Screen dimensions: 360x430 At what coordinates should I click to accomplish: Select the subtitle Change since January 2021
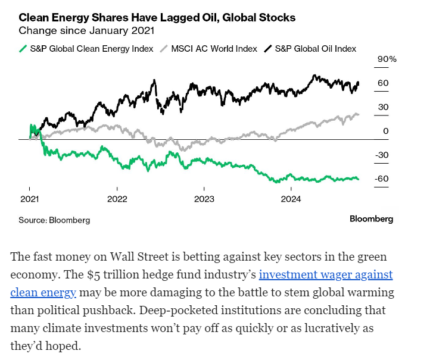pyautogui.click(x=87, y=30)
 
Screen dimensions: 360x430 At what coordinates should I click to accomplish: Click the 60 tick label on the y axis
pyautogui.click(x=383, y=83)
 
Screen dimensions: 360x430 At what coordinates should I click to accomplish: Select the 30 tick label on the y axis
pyautogui.click(x=383, y=107)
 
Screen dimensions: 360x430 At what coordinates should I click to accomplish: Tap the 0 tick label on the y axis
pyautogui.click(x=386, y=131)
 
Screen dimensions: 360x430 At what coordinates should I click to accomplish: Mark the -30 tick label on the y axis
pyautogui.click(x=382, y=155)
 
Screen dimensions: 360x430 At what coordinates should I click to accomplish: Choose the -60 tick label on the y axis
pyautogui.click(x=382, y=179)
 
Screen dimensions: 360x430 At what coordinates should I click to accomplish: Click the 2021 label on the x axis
pyautogui.click(x=30, y=198)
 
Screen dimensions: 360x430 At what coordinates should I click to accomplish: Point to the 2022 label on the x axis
pyautogui.click(x=117, y=198)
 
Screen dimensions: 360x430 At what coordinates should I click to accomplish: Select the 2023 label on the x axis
pyautogui.click(x=204, y=198)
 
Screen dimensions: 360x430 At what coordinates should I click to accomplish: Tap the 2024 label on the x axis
pyautogui.click(x=291, y=198)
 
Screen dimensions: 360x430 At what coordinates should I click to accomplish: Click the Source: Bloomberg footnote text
pyautogui.click(x=54, y=220)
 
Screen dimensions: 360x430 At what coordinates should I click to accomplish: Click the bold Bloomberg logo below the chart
pyautogui.click(x=371, y=219)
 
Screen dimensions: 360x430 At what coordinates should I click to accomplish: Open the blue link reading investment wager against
pyautogui.click(x=326, y=275)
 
